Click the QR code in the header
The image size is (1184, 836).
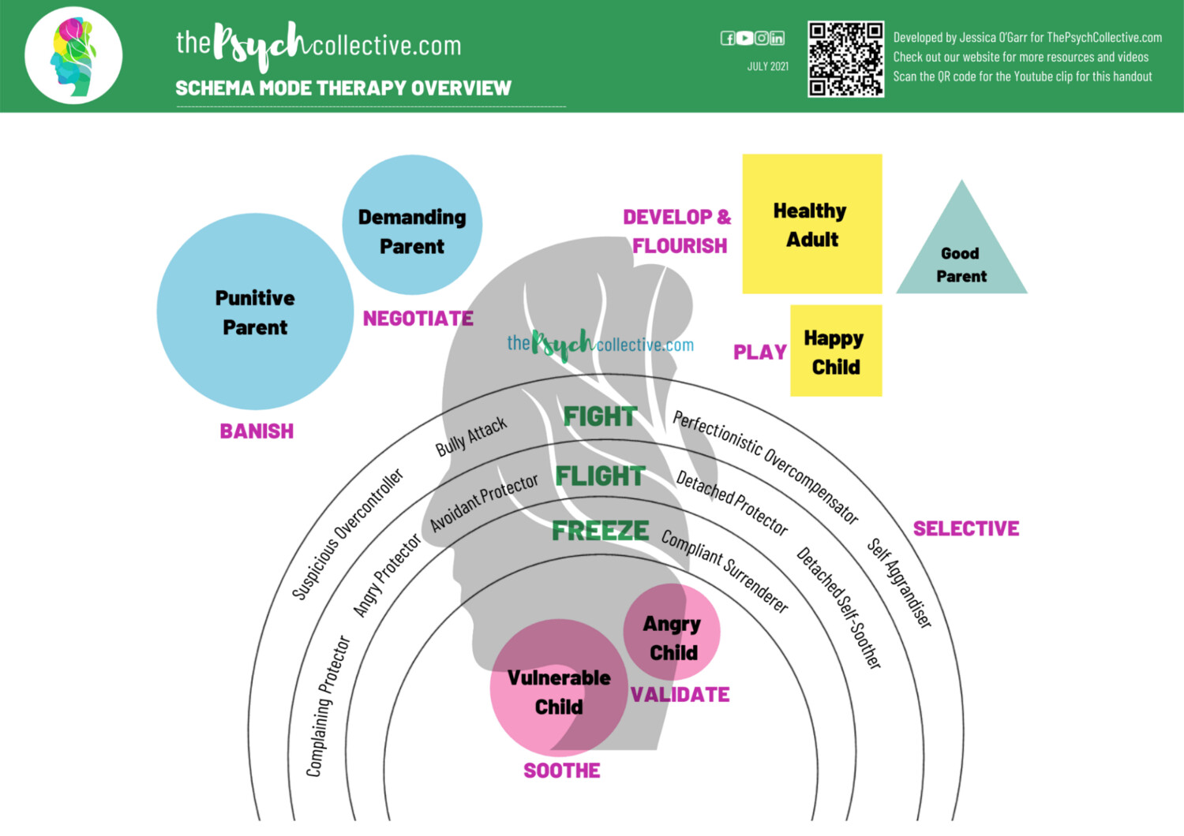coord(845,59)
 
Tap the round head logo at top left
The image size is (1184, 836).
coord(73,56)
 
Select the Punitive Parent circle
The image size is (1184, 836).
coord(255,312)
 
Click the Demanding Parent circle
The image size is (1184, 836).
coord(412,226)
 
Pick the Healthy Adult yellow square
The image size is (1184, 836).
coord(812,224)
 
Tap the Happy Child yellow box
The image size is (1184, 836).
coord(836,351)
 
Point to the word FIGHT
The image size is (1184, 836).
coord(600,416)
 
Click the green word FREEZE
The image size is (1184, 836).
coord(600,531)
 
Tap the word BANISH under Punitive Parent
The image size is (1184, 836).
coord(257,431)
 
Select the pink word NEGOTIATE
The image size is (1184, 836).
coord(418,319)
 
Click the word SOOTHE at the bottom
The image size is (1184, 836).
coord(562,771)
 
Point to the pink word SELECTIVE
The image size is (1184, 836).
coord(965,528)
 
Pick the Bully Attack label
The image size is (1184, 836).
coord(471,437)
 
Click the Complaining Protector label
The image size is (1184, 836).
coord(328,707)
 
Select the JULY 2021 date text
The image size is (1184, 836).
coord(767,67)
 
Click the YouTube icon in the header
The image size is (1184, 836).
coord(744,38)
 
